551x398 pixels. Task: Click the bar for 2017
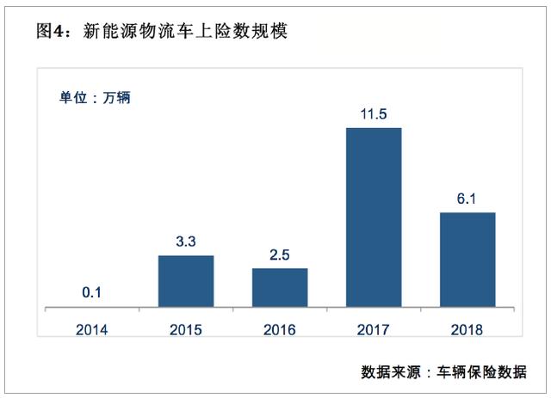coord(374,217)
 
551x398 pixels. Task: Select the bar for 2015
coord(186,281)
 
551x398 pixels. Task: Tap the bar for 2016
coord(280,287)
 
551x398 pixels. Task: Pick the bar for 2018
coord(467,259)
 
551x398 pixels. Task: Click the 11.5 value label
coord(374,113)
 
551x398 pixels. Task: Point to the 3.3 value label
coord(186,242)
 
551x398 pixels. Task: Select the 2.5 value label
coord(280,254)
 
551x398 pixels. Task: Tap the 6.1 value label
coord(467,198)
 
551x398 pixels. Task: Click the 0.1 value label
coord(92,293)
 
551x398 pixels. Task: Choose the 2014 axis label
coord(92,329)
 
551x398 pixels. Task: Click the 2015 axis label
coord(186,329)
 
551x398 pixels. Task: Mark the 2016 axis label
coord(280,329)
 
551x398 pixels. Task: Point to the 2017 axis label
coord(374,329)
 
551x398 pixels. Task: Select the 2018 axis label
coord(467,329)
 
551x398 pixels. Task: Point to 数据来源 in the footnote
coord(391,371)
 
